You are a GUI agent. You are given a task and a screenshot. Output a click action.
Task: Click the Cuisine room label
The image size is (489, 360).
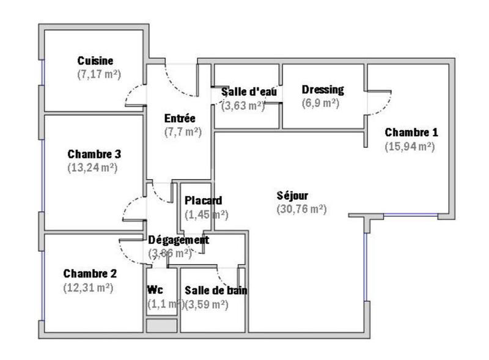click(x=95, y=61)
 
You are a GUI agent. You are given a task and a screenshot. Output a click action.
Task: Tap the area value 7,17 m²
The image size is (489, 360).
click(x=98, y=74)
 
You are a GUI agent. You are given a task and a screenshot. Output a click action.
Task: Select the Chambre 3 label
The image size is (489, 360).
click(x=94, y=153)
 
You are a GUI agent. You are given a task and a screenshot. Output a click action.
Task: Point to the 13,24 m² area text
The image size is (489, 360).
click(x=92, y=167)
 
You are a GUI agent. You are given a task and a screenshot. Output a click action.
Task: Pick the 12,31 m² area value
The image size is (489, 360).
click(x=88, y=287)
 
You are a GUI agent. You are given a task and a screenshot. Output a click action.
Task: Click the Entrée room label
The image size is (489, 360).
click(x=180, y=118)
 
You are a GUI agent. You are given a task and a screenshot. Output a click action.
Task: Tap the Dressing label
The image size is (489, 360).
click(x=323, y=90)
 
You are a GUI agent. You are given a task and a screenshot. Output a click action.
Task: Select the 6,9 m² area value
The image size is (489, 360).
click(x=320, y=103)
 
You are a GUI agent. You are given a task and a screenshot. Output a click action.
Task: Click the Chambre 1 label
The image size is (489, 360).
click(x=411, y=132)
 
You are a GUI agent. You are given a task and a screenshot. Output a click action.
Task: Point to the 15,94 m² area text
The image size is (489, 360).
click(x=410, y=146)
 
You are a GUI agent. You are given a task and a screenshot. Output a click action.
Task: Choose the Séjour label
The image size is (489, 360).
click(x=292, y=196)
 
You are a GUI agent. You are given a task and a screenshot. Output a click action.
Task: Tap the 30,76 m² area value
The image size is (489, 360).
click(x=301, y=209)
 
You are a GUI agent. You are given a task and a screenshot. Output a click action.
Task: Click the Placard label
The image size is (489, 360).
click(x=204, y=200)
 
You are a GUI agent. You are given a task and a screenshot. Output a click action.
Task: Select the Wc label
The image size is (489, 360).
click(x=155, y=290)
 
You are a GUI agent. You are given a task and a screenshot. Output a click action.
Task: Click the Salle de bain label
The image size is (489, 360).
click(x=216, y=290)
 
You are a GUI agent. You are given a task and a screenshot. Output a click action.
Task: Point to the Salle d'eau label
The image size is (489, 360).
click(x=249, y=92)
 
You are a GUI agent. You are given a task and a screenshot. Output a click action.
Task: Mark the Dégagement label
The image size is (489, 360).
click(x=178, y=240)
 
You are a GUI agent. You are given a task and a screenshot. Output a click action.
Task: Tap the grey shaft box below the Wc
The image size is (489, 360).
click(x=161, y=325)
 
